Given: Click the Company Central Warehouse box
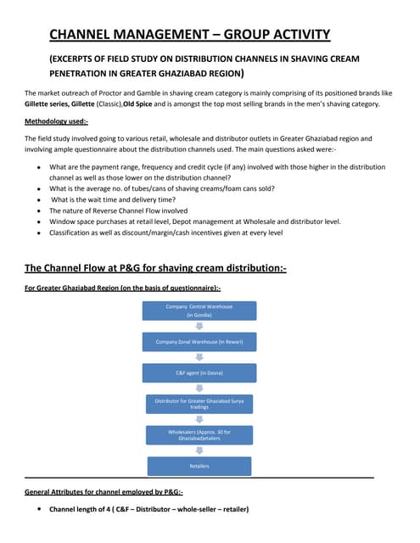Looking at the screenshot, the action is [x=199, y=309].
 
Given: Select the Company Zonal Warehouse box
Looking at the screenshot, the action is [x=199, y=342].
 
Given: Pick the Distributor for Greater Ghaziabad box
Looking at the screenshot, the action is [x=199, y=403].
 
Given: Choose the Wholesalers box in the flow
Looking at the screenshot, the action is [x=199, y=435].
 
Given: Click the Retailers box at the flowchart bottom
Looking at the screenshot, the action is [x=199, y=466].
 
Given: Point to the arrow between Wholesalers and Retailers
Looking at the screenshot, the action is [x=199, y=451].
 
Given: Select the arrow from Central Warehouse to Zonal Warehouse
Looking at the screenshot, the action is [x=199, y=326].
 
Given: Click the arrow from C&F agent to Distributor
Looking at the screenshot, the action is [x=199, y=388].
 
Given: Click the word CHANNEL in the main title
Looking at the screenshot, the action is [x=85, y=34].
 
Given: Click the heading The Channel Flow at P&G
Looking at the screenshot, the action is [x=154, y=268].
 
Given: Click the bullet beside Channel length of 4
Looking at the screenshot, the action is [x=38, y=510].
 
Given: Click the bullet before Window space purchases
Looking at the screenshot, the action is [x=38, y=221].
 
